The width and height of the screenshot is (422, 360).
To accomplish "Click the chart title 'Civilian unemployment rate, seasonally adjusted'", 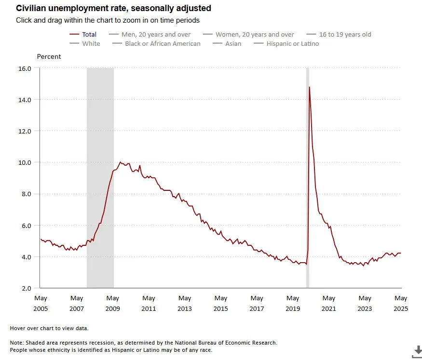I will coord(113,9).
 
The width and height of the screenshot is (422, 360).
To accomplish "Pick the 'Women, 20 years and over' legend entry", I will coord(254,34).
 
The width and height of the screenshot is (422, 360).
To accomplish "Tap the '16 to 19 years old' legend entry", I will coord(345,34).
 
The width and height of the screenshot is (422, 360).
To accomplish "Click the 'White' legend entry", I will coord(91,43).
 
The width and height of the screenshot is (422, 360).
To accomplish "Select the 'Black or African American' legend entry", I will coord(162,43).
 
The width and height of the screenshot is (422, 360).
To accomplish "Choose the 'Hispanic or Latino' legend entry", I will coord(292,43).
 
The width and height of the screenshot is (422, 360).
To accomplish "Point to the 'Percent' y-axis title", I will coord(49,56).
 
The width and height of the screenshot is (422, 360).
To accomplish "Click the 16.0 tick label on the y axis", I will coord(25,68).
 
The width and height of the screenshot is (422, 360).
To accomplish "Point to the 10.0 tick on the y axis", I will coord(25,162).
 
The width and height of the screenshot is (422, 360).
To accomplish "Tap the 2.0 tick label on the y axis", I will coord(26,288).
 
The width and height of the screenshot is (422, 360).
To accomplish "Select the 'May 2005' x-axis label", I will coord(41,304).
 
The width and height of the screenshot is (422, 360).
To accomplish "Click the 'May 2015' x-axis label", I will coord(221,304).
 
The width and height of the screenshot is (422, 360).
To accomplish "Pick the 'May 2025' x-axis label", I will coord(401,304).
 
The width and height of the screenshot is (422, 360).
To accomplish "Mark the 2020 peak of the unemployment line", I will coord(309,87).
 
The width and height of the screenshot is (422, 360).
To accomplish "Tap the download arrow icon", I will coord(416,351).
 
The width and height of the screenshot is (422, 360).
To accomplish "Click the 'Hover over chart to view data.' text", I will coord(49,328).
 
